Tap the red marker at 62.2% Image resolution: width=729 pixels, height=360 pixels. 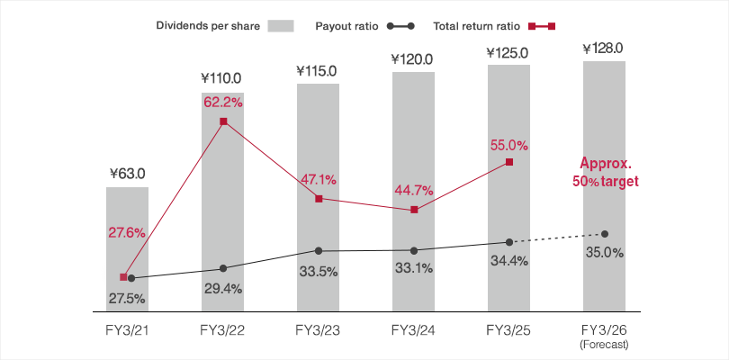point(223,121)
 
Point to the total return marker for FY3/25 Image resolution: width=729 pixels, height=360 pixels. point(509,162)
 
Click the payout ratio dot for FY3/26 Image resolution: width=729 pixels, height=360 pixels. point(605,234)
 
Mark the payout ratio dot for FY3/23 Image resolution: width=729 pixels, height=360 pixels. point(319,250)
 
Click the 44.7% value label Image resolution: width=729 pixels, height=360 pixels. point(414,190)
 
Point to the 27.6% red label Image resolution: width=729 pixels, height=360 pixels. point(127,232)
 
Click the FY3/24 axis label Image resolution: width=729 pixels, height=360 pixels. point(414,328)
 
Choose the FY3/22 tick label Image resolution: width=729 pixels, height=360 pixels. point(223,328)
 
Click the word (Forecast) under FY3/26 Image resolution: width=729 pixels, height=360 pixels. point(605,343)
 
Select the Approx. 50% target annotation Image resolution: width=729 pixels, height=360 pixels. point(606,173)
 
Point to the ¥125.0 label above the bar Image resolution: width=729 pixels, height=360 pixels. point(509,54)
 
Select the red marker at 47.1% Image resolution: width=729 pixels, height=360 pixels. point(319,198)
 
